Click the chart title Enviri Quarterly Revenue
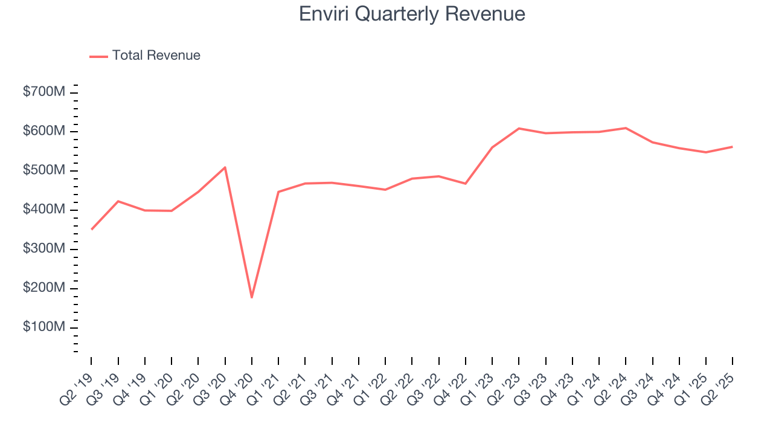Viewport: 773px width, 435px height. point(412,14)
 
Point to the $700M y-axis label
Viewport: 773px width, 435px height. point(44,92)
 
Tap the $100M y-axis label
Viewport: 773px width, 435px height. point(44,327)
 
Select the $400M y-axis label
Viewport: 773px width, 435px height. point(44,210)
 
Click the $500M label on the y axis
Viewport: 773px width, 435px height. point(44,170)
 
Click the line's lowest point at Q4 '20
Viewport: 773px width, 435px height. point(252,297)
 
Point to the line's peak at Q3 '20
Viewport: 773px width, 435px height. point(225,167)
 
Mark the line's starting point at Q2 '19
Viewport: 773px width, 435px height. point(91,230)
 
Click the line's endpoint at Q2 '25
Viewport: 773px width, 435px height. point(732,147)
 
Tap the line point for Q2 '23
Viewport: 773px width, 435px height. point(519,129)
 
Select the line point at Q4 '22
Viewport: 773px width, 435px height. point(465,183)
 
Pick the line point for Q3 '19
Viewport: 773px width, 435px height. point(118,201)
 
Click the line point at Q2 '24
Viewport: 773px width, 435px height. point(626,128)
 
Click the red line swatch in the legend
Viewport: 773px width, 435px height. point(98,56)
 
